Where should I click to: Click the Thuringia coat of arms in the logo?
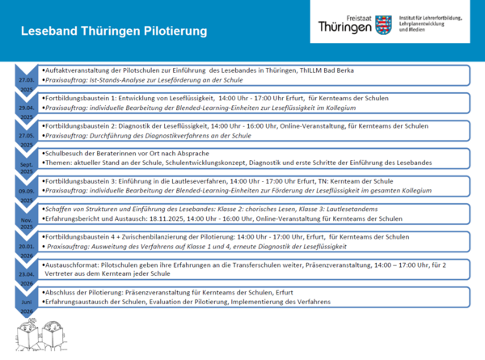tap(383, 24)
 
